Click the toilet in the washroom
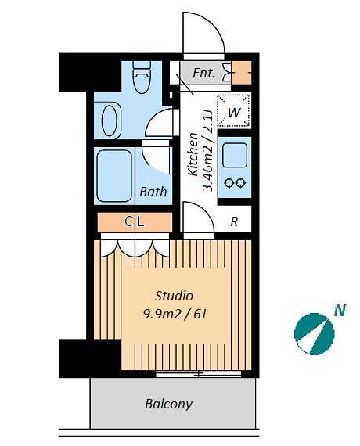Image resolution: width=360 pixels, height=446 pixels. [142, 77]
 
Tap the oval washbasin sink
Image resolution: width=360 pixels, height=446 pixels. [110, 120]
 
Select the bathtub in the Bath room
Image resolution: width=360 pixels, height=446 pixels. [114, 176]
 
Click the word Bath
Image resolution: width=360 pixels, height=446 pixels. [153, 192]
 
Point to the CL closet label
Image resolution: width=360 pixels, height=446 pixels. [135, 221]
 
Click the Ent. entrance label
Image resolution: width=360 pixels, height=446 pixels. [203, 73]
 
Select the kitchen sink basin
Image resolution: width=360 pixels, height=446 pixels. [235, 155]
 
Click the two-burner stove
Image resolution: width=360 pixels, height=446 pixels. [235, 182]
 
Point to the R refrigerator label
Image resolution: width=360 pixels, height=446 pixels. [234, 221]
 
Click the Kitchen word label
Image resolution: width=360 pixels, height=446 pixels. [193, 154]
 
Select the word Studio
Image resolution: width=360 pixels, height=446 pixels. [174, 296]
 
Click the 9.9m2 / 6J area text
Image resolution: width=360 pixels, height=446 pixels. [174, 315]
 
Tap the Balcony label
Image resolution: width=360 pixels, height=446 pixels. [169, 404]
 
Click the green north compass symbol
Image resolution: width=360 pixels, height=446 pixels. [314, 334]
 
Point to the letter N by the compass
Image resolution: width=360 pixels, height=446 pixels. [340, 311]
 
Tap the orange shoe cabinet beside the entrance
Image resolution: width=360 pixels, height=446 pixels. [241, 73]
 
